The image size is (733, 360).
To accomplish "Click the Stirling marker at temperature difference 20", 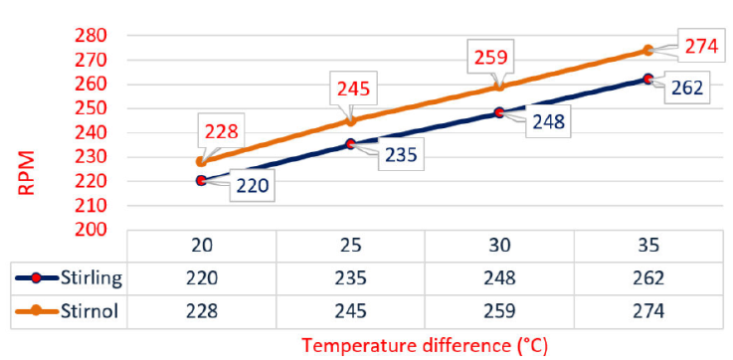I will click(202, 180).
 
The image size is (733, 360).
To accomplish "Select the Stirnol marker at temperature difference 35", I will click(648, 50).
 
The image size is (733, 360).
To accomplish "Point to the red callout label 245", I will click(355, 90).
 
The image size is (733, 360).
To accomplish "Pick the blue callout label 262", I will click(686, 87).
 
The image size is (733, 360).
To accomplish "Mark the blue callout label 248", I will click(548, 122).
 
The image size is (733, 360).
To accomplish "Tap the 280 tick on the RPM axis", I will click(106, 35).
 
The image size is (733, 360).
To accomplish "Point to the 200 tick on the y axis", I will click(106, 229).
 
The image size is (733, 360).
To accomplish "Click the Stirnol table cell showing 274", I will click(647, 310).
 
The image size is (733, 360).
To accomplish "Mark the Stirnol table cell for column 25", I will click(350, 310).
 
